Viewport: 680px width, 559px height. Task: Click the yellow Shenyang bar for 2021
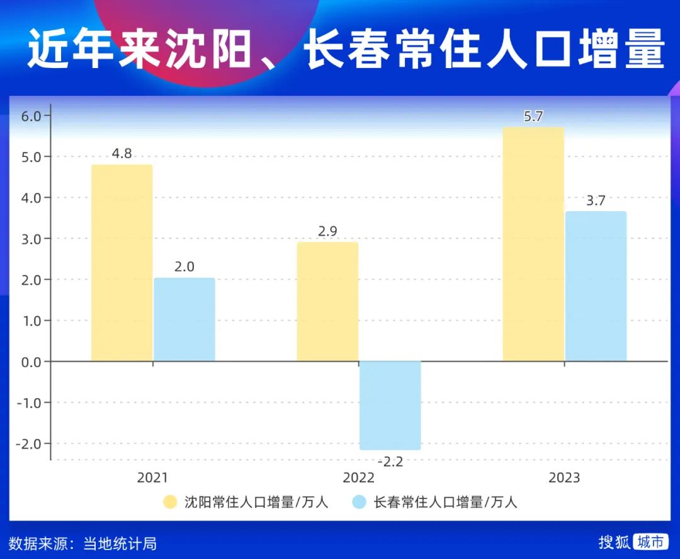[122, 263]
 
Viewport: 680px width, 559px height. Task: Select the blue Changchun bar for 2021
[184, 320]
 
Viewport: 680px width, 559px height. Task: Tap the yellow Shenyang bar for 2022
[327, 301]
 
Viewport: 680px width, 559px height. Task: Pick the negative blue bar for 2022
[390, 405]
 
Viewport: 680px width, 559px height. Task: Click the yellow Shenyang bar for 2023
[533, 244]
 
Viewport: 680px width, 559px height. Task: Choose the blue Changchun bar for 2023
[596, 286]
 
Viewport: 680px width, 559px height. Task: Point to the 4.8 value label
[122, 153]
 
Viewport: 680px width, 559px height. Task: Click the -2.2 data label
[390, 461]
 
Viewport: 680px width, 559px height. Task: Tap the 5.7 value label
[533, 116]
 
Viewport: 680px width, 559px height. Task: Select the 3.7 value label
[596, 200]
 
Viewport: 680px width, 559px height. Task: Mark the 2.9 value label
[327, 231]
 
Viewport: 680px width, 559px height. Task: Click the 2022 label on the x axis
[358, 478]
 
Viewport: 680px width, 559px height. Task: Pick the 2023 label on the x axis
[564, 478]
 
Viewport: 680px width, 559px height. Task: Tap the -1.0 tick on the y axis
[29, 403]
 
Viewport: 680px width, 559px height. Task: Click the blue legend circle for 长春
[359, 502]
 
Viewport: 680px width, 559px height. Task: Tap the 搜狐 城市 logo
[632, 542]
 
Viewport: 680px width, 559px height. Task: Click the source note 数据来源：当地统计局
[82, 543]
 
